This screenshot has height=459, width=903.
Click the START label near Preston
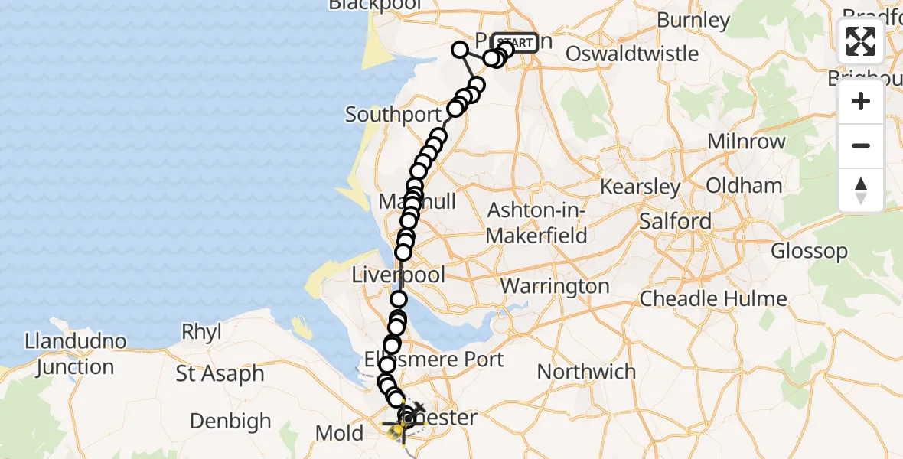click(x=515, y=43)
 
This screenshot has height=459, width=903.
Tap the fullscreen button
click(x=861, y=41)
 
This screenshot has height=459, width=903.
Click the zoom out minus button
click(x=861, y=145)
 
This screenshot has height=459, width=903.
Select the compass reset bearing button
click(x=861, y=190)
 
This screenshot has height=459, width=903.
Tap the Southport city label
click(x=393, y=115)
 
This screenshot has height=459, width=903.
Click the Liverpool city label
click(x=398, y=275)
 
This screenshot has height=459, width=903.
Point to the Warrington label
click(x=555, y=287)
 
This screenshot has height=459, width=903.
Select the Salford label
click(x=676, y=221)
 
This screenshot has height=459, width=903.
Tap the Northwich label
click(x=586, y=372)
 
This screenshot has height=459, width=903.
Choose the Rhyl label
click(x=201, y=332)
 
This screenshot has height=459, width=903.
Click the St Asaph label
click(x=220, y=374)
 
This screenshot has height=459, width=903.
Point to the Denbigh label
click(x=230, y=421)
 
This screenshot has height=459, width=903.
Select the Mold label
click(x=339, y=434)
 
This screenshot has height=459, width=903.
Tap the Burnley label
click(x=693, y=20)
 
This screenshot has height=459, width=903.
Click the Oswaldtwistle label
click(x=632, y=54)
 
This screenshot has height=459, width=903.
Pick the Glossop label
click(x=809, y=251)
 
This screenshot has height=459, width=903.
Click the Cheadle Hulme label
click(x=713, y=298)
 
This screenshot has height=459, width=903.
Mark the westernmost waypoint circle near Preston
click(x=460, y=50)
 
